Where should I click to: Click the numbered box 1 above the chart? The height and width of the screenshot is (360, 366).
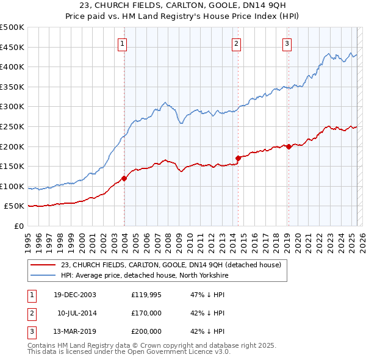coord(123,43)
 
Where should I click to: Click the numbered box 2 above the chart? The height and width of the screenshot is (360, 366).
coord(236,43)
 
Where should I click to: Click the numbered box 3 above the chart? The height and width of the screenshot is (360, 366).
coord(287,43)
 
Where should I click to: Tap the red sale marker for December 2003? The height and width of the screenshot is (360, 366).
coord(124,178)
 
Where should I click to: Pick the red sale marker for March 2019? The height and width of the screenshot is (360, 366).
coord(288,146)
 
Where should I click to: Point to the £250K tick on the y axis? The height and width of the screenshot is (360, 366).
coord(12,126)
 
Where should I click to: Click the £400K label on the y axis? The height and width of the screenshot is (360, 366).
coord(12,67)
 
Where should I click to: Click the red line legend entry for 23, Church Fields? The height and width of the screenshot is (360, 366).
coord(170,265)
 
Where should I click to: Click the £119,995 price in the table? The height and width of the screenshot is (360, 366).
coord(146,294)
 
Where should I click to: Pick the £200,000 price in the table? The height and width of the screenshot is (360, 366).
coord(146,331)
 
